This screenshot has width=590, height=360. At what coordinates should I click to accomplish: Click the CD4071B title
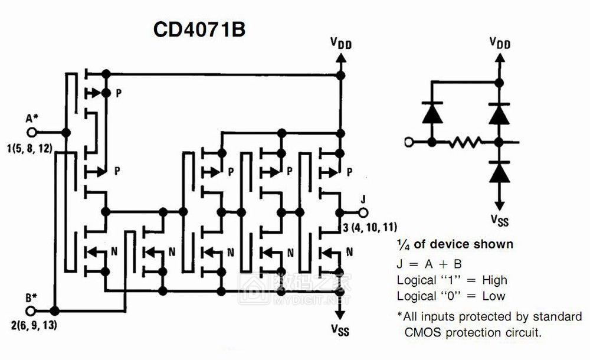coord(199,30)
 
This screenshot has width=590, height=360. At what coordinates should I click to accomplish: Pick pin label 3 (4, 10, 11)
coord(371,227)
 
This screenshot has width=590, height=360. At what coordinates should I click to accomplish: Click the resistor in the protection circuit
coord(465,142)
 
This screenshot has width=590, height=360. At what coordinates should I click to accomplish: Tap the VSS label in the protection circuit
coord(500,220)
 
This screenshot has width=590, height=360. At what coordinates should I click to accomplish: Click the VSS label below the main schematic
coord(340,329)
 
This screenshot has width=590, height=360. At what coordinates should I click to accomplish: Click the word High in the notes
coord(494,280)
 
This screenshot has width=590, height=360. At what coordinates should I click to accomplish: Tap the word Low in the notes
coord(492,296)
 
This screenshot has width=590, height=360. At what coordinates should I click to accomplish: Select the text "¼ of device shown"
coord(454,244)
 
